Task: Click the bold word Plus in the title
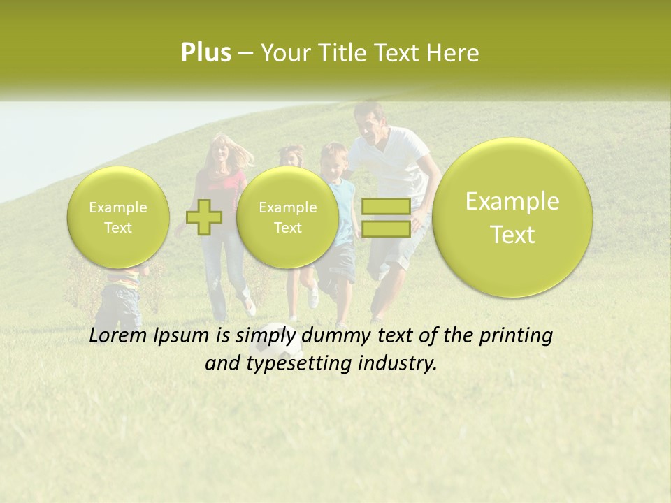coord(205,53)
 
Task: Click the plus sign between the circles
coord(204,217)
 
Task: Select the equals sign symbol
coord(386,217)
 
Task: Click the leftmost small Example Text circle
coord(118,217)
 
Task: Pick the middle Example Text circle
coord(287,217)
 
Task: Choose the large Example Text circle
coord(512,217)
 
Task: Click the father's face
coord(370,126)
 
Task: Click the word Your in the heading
coord(282,53)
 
